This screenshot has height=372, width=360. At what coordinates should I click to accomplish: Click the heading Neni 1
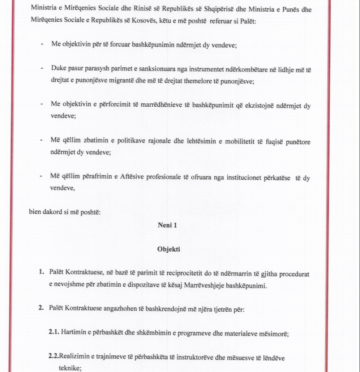(167, 225)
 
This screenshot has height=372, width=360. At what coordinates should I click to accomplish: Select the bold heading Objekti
(169, 249)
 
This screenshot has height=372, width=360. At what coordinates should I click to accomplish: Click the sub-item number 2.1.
(54, 333)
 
